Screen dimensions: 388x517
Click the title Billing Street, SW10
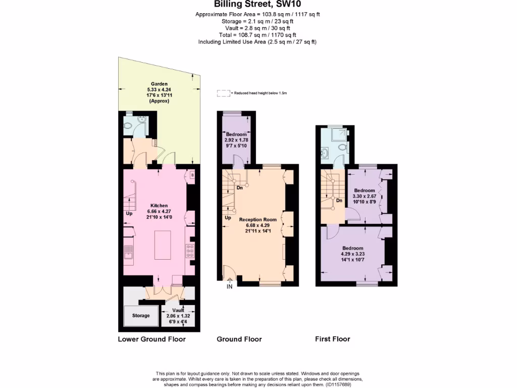[x=258, y=5]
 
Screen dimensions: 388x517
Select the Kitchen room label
[x=158, y=206]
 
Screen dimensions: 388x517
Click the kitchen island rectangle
[x=163, y=244]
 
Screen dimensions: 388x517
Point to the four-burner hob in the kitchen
[x=191, y=251]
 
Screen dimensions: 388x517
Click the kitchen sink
[x=129, y=251]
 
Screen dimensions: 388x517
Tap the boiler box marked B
[x=192, y=175]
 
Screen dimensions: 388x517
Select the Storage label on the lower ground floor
[x=141, y=316]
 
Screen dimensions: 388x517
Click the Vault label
[x=178, y=310]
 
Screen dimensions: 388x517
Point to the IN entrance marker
[x=229, y=287]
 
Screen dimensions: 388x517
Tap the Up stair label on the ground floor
[x=228, y=218]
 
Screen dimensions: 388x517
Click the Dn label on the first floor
[x=340, y=201]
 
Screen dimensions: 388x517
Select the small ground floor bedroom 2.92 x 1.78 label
[x=236, y=140]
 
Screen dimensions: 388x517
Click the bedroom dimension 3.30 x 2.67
[x=365, y=196]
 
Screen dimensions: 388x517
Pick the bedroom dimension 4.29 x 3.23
[x=352, y=254]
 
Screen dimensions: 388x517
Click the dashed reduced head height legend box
[x=223, y=93]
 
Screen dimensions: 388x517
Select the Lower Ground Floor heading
[x=151, y=339]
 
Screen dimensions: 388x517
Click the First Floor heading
[x=332, y=339]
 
